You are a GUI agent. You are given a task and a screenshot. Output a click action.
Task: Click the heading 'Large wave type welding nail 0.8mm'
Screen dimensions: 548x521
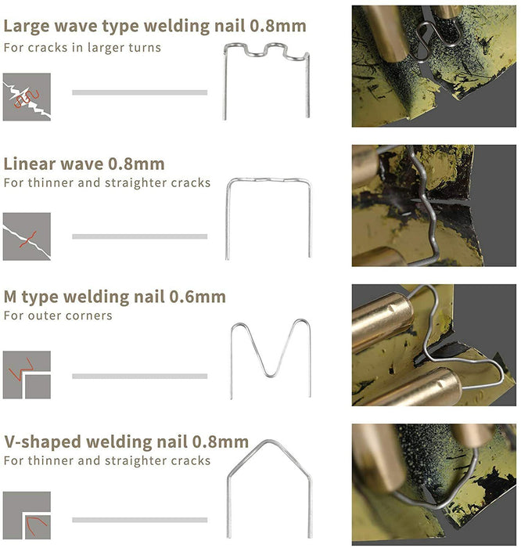tap(155, 26)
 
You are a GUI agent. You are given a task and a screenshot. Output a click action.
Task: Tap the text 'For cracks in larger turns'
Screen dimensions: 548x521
tap(82, 48)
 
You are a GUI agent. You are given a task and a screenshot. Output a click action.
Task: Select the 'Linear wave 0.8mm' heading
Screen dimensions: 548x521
tap(84, 164)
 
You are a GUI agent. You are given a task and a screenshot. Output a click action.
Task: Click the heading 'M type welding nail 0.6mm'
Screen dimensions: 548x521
tap(114, 297)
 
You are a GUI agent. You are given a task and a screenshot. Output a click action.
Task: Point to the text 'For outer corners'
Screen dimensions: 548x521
tap(58, 316)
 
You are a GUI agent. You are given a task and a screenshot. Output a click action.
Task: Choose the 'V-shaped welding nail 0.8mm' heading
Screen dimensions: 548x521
tap(126, 442)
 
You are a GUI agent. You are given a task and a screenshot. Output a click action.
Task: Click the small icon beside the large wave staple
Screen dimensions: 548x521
tap(27, 97)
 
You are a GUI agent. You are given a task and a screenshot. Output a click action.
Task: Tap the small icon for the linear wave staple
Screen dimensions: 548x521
tap(27, 236)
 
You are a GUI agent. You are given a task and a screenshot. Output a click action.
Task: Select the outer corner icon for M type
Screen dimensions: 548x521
tap(27, 375)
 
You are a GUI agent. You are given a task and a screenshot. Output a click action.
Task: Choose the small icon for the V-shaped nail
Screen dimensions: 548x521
tap(27, 515)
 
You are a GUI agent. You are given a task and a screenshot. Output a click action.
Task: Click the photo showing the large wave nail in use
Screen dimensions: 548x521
tap(433, 67)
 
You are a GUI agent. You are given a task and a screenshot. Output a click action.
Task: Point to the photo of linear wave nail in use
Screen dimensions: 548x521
tap(433, 205)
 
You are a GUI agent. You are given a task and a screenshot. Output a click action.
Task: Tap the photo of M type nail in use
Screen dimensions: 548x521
tap(433, 344)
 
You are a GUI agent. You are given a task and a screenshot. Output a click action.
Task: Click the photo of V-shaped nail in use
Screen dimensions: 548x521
tap(433, 484)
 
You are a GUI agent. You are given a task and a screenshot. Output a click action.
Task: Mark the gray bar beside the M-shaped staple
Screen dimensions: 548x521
tap(139, 376)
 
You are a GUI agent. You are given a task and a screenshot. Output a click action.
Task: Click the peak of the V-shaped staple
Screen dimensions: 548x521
tap(268, 441)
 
